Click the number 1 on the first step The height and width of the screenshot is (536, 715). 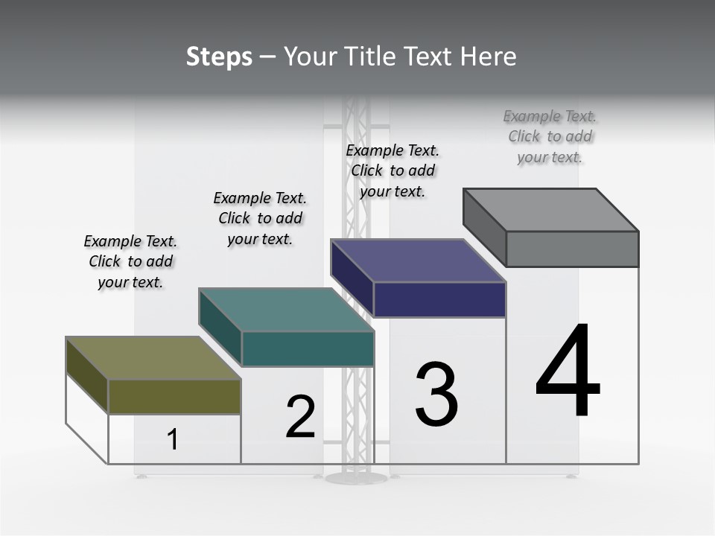click(173, 439)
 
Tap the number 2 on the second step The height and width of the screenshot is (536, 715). click(301, 417)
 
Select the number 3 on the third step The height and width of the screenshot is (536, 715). click(436, 395)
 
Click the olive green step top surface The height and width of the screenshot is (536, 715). click(153, 358)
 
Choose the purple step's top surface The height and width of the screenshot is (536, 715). click(418, 261)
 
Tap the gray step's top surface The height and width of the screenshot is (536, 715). click(550, 210)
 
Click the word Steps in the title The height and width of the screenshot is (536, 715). click(219, 57)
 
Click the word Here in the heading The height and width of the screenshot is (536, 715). click(489, 57)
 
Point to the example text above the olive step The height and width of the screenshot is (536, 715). click(130, 262)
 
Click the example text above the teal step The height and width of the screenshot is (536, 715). click(260, 218)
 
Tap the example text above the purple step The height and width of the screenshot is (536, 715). click(393, 170)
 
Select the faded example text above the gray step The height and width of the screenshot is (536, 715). click(550, 136)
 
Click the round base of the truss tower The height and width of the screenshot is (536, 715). click(356, 477)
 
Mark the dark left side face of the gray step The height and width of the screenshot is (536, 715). click(484, 226)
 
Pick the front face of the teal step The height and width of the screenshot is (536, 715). click(308, 349)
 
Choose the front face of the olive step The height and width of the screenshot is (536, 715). click(174, 397)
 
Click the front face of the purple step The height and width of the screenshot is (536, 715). click(439, 299)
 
